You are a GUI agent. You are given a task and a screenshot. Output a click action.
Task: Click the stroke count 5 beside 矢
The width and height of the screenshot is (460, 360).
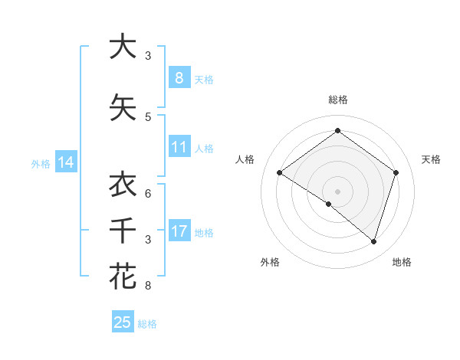tap(148, 116)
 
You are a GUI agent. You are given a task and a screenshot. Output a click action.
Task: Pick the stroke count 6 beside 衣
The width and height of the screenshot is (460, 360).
tap(148, 193)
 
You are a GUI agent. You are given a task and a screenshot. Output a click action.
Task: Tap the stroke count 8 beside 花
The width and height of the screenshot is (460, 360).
tap(148, 286)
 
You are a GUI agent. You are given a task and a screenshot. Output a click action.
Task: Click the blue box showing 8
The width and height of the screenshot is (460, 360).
tap(179, 77)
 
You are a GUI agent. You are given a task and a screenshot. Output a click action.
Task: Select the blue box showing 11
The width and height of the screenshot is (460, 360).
tap(179, 147)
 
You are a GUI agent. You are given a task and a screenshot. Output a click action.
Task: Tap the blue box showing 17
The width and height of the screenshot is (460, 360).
tap(179, 231)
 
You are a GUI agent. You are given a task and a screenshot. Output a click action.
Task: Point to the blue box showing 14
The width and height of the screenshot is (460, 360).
tap(65, 162)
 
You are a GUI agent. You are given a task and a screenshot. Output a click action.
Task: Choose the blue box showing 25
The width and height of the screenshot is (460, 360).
tap(123, 322)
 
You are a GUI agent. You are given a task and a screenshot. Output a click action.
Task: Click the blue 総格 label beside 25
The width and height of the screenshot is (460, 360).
tap(148, 324)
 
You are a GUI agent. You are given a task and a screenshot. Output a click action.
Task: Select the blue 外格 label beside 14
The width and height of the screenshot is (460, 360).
tap(41, 163)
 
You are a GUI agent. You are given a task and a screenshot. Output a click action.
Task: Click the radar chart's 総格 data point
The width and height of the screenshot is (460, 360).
tap(337, 130)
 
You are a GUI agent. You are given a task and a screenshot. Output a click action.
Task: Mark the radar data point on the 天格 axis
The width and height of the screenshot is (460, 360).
tap(396, 172)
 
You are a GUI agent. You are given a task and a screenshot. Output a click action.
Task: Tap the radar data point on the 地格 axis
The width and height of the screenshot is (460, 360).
tap(373, 241)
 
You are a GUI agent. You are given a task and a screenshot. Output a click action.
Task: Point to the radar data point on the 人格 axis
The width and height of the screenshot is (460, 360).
tap(279, 172)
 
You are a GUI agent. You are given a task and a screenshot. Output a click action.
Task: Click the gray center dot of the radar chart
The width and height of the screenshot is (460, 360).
tap(337, 191)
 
